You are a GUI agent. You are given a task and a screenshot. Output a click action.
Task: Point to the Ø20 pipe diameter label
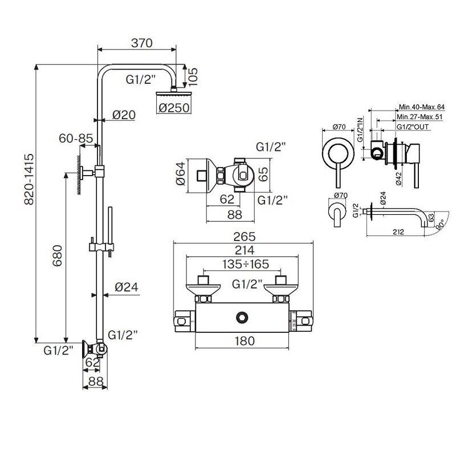coord(123,115)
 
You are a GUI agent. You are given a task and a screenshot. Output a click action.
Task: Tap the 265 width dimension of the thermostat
coord(243,236)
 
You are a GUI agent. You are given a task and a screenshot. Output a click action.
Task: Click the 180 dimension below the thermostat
coord(243,341)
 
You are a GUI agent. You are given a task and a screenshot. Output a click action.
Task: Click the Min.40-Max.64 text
coord(424,107)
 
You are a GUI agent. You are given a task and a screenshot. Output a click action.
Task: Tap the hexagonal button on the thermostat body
coord(243,317)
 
